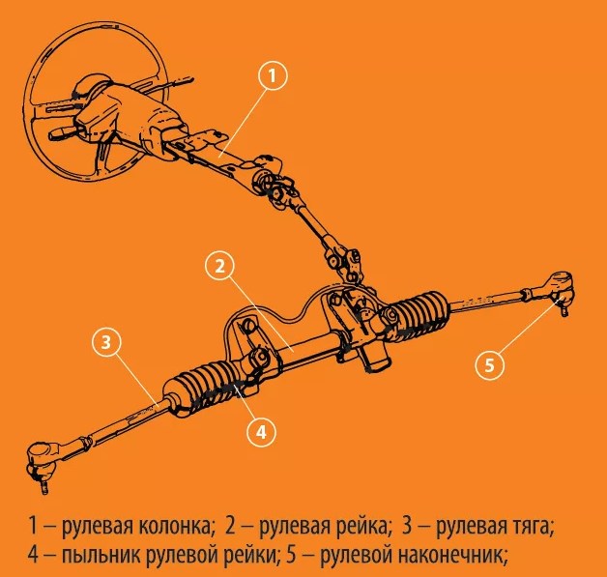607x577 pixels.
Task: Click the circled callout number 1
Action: [x=273, y=75]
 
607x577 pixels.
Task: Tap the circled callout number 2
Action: [x=219, y=266]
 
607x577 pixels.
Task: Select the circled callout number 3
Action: [x=106, y=342]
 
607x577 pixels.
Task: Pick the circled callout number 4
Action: [x=261, y=432]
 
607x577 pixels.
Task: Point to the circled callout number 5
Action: [x=490, y=365]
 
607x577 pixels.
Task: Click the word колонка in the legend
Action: [x=177, y=527]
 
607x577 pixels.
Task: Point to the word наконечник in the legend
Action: [x=452, y=556]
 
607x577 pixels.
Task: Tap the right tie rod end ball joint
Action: [x=561, y=293]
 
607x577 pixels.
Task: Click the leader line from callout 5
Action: [x=527, y=326]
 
